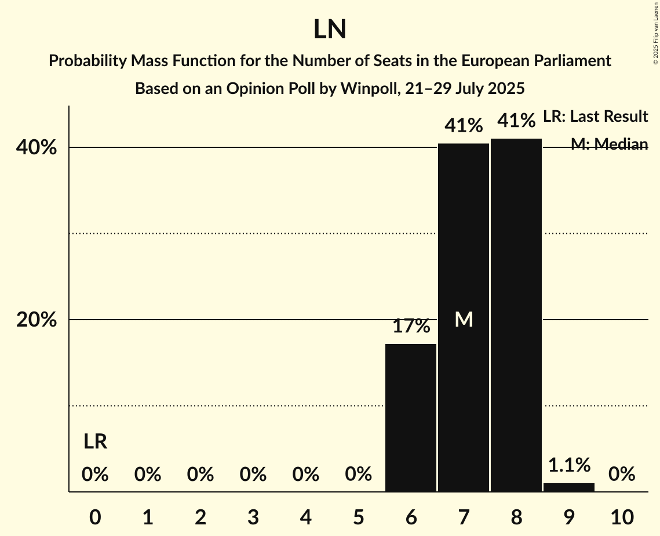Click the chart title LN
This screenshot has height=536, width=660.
[x=330, y=30]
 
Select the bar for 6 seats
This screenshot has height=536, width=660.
[x=411, y=418]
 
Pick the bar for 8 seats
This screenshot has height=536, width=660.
[x=516, y=316]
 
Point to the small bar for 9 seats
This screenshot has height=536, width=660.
[x=569, y=487]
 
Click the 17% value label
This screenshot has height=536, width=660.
[x=411, y=326]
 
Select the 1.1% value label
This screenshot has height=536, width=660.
[x=569, y=465]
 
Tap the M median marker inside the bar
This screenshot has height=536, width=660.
[x=464, y=319]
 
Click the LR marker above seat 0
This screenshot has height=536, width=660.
[x=95, y=442]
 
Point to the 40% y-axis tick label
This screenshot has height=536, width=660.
[x=37, y=148]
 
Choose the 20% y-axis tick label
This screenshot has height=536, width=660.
[x=37, y=320]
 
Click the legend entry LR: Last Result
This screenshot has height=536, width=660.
[x=595, y=117]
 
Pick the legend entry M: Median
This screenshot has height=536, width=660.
[x=609, y=144]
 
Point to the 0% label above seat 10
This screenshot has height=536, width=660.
[x=622, y=475]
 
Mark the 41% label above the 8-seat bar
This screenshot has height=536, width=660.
[x=516, y=121]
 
